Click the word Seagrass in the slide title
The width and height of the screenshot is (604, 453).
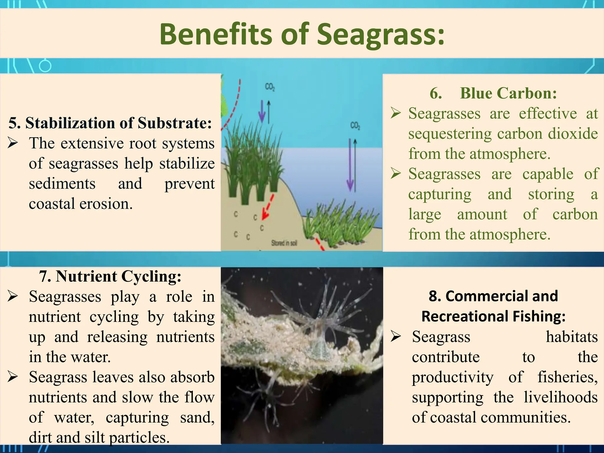[380, 35]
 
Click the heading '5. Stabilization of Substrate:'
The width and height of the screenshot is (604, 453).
[110, 123]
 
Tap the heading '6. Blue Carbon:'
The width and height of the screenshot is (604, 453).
[493, 93]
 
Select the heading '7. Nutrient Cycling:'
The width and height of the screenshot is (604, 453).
[110, 276]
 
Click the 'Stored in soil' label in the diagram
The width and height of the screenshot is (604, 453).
[284, 243]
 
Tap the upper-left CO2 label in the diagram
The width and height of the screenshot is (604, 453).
[270, 87]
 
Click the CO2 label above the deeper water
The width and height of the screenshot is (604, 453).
[355, 126]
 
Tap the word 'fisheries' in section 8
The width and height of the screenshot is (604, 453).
[567, 377]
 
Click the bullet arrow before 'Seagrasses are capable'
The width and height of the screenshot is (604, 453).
[396, 173]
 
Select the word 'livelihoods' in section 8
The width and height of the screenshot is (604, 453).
[560, 397]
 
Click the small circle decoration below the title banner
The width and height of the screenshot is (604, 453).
[45, 66]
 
